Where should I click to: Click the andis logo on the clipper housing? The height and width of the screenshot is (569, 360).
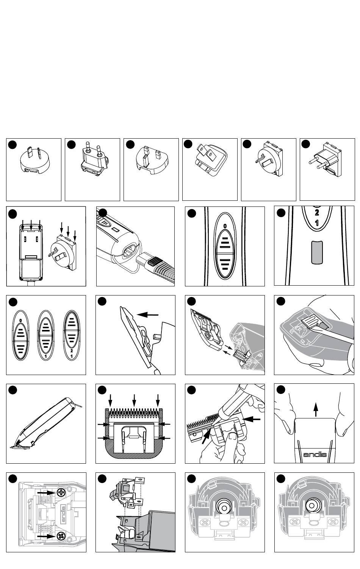click(315, 454)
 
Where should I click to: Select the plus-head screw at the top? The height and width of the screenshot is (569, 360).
click(61, 492)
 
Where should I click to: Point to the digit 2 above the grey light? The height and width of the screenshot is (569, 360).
click(317, 213)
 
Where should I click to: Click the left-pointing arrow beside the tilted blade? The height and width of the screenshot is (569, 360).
click(148, 314)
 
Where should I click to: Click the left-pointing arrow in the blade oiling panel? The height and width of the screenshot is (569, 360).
click(254, 419)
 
